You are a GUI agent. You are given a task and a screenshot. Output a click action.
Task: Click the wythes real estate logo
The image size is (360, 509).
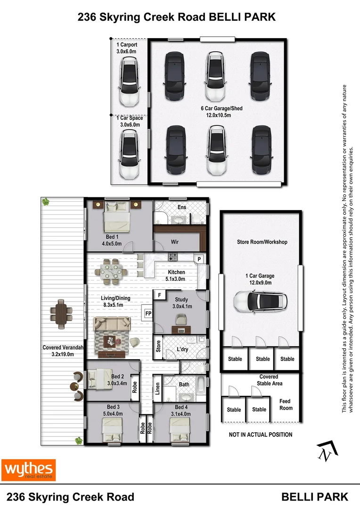point(29,470)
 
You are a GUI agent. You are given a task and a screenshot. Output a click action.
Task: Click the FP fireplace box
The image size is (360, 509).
point(148,312)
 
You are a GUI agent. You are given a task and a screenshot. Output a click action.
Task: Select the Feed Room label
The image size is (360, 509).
point(286,405)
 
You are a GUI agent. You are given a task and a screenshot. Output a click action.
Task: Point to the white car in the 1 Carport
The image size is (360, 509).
point(130,81)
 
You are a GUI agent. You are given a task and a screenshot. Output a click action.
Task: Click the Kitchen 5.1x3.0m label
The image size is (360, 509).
point(176,275)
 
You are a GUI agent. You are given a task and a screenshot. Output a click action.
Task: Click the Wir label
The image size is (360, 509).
point(174,242)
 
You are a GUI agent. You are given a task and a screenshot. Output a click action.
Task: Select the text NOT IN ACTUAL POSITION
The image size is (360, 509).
point(261,435)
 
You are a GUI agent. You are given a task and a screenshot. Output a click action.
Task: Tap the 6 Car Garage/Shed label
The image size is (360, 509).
point(221,112)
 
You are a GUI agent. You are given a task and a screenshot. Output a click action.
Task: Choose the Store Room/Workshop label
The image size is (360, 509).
point(262,242)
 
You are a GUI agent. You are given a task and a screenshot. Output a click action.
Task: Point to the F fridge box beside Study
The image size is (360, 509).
point(160,296)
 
